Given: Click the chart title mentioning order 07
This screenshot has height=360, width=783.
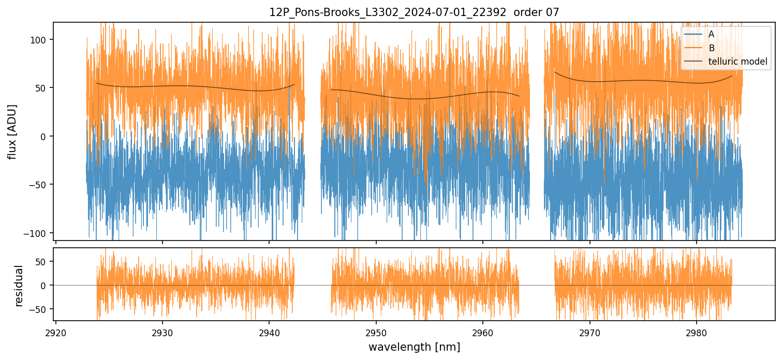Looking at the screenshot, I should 414,12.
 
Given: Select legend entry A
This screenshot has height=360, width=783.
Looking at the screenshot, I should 711,34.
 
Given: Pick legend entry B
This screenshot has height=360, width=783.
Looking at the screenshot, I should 711,48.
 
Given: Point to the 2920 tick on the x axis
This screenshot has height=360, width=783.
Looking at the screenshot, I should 56,331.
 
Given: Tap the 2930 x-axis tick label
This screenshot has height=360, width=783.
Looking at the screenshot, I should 162,331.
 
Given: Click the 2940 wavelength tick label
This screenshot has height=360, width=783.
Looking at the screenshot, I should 269,331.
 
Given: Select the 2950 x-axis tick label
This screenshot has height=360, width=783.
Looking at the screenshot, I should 376,331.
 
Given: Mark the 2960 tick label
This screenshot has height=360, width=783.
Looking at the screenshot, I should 483,331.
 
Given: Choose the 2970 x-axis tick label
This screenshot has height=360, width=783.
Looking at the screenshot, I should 589,331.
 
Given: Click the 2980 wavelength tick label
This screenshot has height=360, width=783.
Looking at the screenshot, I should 696,331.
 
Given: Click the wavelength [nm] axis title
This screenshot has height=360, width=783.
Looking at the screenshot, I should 414,347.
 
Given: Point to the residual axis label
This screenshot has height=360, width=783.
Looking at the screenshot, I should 19,286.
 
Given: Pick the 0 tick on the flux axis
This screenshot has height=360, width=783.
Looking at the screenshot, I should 44,136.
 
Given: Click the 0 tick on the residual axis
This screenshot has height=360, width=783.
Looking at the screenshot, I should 44,285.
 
